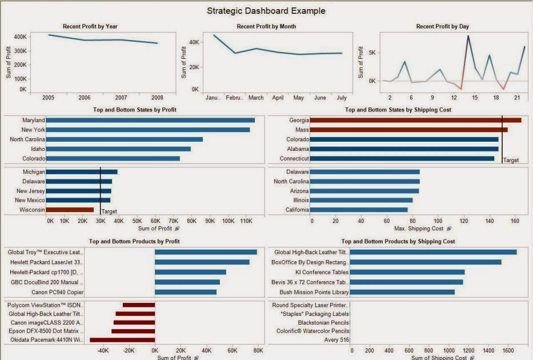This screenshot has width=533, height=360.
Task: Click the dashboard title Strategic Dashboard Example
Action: click(x=266, y=10)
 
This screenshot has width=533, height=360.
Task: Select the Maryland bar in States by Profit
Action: click(x=150, y=120)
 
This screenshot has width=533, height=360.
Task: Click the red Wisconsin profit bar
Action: click(x=70, y=210)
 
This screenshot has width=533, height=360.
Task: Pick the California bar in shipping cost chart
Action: click(x=359, y=210)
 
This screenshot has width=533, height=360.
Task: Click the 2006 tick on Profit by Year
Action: click(x=84, y=98)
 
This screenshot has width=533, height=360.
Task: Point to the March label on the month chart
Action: click(x=255, y=98)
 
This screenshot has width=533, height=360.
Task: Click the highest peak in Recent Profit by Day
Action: click(x=468, y=36)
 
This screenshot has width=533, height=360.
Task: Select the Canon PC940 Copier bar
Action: click(x=186, y=292)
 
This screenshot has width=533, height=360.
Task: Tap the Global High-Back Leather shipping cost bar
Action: click(x=433, y=252)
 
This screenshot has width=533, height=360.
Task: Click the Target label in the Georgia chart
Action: click(x=511, y=161)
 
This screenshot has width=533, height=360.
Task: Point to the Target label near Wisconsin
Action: click(x=109, y=211)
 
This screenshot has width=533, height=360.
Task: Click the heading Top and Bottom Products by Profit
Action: click(x=134, y=242)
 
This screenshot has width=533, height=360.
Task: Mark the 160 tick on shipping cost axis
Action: click(x=515, y=220)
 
